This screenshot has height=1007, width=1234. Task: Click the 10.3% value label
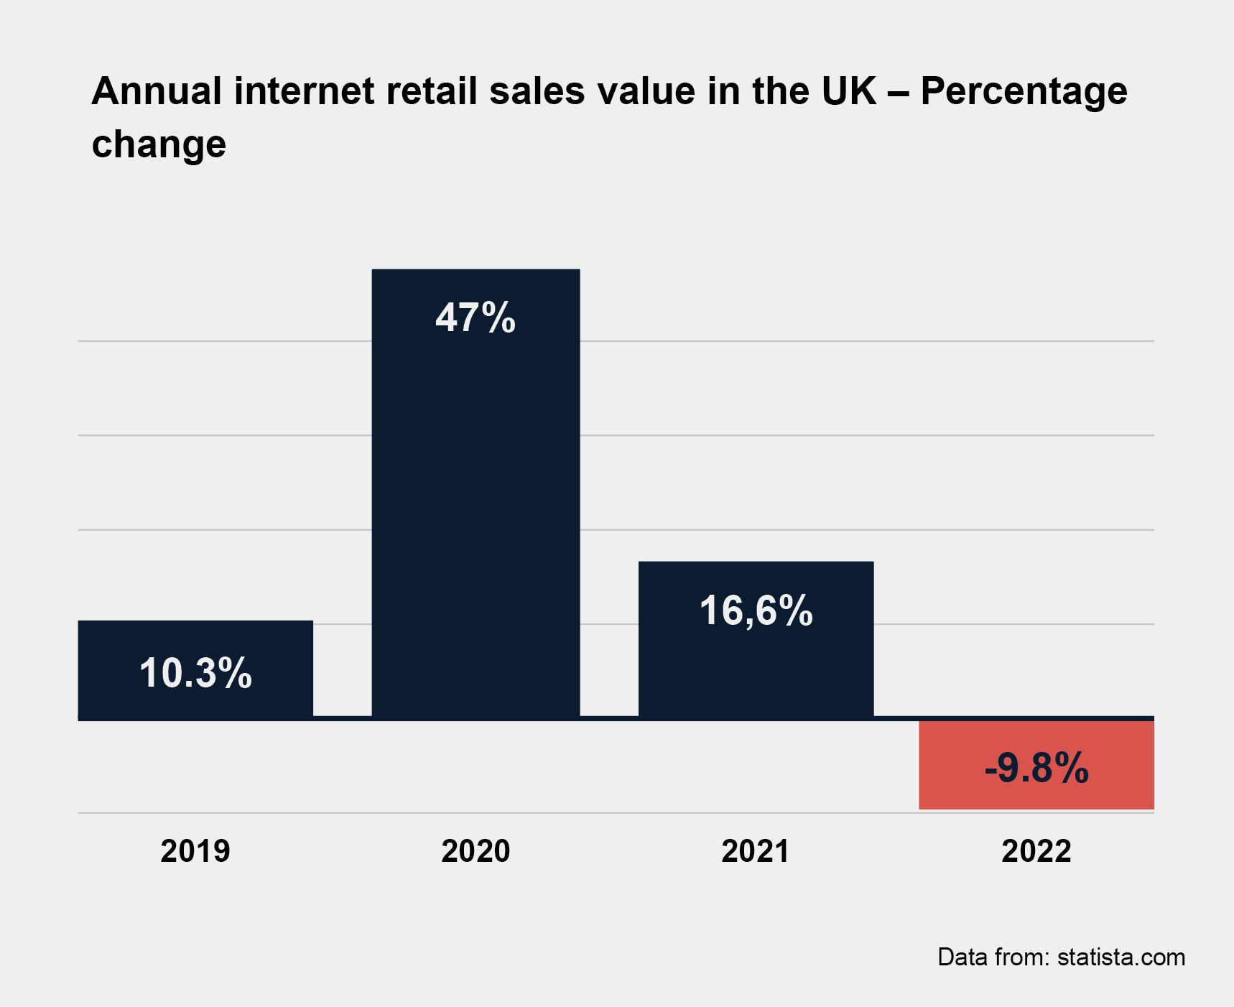pos(195,674)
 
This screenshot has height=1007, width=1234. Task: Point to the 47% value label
pos(475,317)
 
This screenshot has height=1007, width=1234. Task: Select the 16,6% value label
pos(756,611)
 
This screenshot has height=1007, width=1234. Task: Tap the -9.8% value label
pos(1036,768)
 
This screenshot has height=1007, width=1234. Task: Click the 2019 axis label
pos(195,851)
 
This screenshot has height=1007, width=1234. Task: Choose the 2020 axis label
pos(475,851)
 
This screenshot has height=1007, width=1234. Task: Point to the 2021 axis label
pos(756,851)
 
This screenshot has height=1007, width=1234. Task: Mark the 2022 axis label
pos(1036,851)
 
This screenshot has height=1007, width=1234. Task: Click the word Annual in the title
pos(157,91)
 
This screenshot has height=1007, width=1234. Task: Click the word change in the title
pos(159,144)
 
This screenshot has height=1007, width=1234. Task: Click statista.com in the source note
pos(1121,957)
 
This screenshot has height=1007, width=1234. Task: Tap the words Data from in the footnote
pos(993,957)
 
